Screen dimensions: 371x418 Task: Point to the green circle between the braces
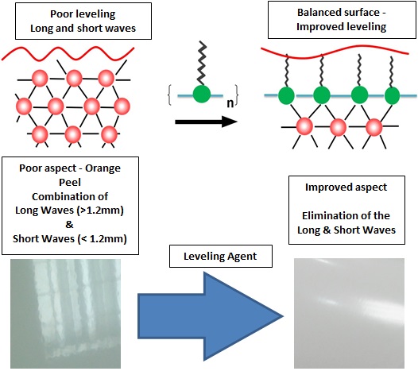pos(203,95)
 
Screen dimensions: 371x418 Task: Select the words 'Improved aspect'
pos(351,187)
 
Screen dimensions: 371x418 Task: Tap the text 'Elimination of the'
pos(351,214)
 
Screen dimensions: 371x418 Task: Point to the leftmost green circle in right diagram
pos(285,95)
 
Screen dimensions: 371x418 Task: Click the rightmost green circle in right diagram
pos(392,95)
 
